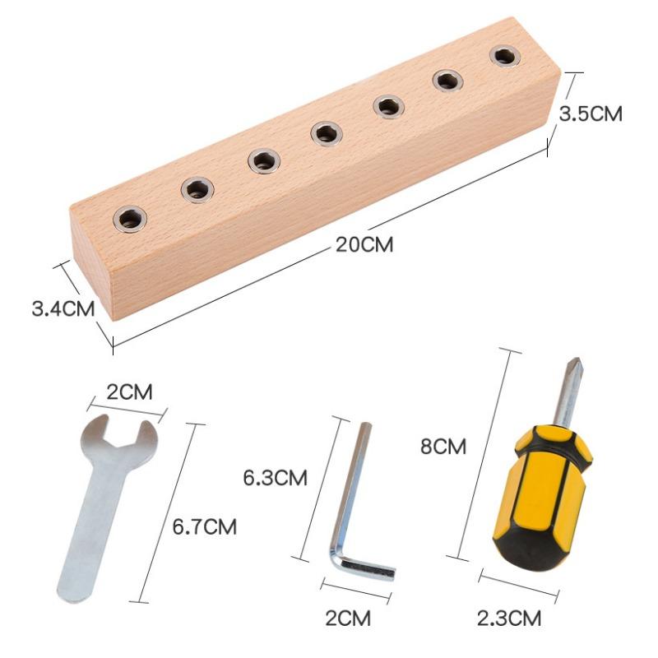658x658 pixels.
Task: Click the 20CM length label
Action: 364,244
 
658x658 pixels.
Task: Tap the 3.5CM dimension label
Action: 591,114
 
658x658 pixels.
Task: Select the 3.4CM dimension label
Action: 63,309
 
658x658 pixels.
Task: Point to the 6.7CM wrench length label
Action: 205,526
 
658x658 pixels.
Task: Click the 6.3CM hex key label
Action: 276,478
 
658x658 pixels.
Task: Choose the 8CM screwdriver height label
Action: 443,446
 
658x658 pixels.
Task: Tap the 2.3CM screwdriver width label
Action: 509,619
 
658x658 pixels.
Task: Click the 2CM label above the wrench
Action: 129,392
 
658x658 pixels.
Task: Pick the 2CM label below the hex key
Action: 348,619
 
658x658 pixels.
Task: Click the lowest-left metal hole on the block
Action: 130,219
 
